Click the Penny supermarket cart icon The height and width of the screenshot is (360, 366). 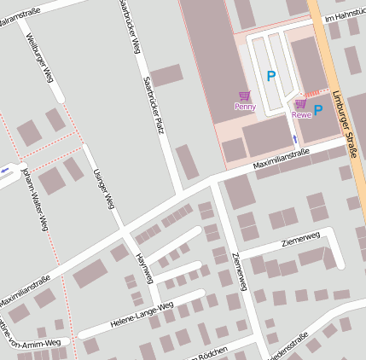click(x=245, y=96)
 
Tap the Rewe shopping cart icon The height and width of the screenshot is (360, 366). click(x=300, y=103)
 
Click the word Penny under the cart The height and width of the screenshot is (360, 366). click(x=245, y=107)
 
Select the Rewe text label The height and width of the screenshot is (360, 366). click(x=300, y=114)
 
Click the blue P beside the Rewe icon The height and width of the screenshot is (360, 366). click(x=318, y=109)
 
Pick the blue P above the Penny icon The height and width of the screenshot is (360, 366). click(x=271, y=76)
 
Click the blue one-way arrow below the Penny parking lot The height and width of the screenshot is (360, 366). click(x=295, y=137)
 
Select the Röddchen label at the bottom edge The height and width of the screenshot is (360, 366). click(x=211, y=354)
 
